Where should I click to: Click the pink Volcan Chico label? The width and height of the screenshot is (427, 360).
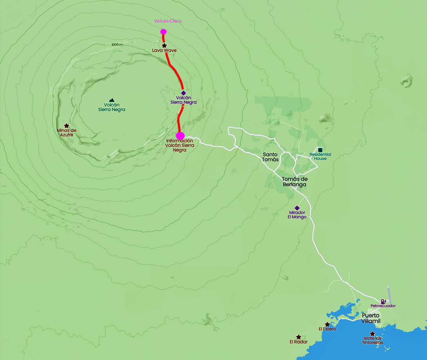tap(168, 21)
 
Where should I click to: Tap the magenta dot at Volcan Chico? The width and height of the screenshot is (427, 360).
tap(163, 32)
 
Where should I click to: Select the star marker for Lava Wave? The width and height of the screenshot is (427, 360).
tap(164, 46)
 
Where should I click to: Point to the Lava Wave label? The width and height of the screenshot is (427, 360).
tap(164, 50)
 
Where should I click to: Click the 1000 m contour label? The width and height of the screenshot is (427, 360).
tap(117, 45)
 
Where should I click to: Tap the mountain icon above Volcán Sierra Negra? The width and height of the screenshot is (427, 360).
tap(112, 100)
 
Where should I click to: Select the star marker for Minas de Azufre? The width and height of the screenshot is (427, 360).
tap(66, 126)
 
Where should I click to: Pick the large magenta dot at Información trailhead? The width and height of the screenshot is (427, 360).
tap(180, 136)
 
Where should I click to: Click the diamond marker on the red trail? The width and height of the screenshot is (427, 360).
tap(183, 93)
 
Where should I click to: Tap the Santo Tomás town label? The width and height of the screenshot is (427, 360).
tap(271, 157)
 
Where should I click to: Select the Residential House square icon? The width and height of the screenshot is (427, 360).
tap(320, 150)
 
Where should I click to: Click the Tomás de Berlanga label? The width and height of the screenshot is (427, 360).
tap(294, 182)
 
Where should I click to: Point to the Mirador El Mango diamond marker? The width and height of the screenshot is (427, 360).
tap(297, 208)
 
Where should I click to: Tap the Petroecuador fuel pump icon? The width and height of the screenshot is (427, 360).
tap(383, 301)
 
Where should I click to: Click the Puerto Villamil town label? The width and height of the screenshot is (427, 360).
tap(371, 318)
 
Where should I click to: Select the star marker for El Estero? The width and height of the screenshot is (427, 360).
tap(327, 324)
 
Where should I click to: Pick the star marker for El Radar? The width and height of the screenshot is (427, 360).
tap(299, 337)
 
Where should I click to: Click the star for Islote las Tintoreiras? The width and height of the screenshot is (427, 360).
tap(372, 334)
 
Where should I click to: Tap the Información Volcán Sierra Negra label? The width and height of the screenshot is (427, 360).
tap(179, 145)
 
